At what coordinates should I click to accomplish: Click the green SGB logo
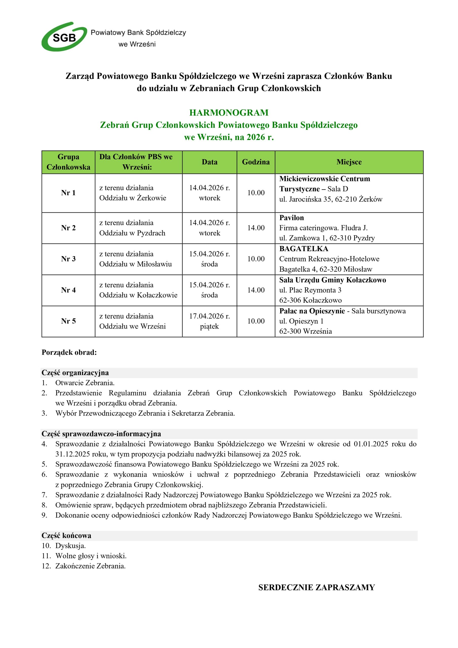tap(64, 37)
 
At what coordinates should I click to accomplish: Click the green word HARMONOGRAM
tap(228, 113)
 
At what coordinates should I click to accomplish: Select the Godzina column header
tap(256, 162)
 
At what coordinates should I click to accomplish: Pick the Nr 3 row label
tap(68, 259)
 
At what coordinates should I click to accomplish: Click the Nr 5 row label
tap(68, 321)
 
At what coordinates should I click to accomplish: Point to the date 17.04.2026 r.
tap(209, 316)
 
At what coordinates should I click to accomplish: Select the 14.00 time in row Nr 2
tap(256, 228)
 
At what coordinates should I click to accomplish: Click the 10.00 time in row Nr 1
tap(256, 193)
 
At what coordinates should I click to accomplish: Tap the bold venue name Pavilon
tap(292, 218)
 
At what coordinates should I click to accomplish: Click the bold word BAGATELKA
tap(304, 249)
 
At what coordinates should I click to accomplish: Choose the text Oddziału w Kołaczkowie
tap(138, 295)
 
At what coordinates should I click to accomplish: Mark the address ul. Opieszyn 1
tap(301, 321)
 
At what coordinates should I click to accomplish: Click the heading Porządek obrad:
tap(69, 353)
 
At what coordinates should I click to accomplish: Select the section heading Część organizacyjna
tap(75, 373)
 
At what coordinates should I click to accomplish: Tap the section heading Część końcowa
tap(66, 536)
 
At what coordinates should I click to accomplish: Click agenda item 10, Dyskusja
tap(70, 546)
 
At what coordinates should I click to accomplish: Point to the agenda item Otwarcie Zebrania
tap(85, 383)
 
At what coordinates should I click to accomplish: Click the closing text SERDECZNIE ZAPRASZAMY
tap(316, 588)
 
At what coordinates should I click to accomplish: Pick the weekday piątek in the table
tap(209, 327)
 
